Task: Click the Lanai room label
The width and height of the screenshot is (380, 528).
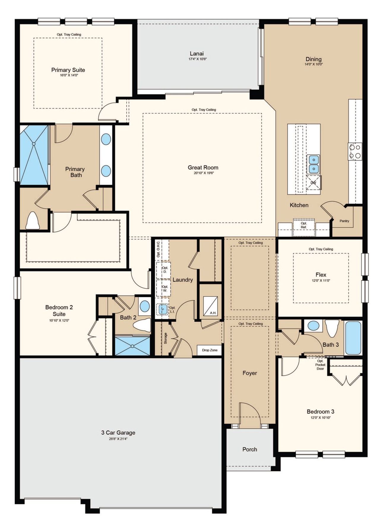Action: point(197,54)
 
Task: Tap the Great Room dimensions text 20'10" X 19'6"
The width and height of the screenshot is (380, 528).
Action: point(204,173)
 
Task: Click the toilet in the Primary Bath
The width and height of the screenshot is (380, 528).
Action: point(32,221)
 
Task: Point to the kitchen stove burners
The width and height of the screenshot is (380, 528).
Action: point(355,151)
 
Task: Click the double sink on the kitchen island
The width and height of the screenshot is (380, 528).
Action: point(313,164)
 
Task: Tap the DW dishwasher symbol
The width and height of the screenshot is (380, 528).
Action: point(313,183)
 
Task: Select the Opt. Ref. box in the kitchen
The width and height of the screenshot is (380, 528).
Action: point(304,225)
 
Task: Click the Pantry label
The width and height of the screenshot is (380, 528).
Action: point(344,221)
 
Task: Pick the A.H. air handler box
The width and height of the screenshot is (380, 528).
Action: point(210,306)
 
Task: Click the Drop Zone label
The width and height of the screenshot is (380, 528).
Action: point(210,350)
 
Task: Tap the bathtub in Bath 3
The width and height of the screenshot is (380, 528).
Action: point(353,337)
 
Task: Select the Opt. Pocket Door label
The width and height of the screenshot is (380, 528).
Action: point(320,365)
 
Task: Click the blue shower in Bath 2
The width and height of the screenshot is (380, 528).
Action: point(132,346)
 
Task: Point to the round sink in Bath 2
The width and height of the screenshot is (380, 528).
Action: point(145,306)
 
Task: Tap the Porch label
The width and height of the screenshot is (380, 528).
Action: point(250,449)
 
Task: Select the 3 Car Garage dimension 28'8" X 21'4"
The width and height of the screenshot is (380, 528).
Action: point(118,439)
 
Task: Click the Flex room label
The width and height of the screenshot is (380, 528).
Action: point(321,275)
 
